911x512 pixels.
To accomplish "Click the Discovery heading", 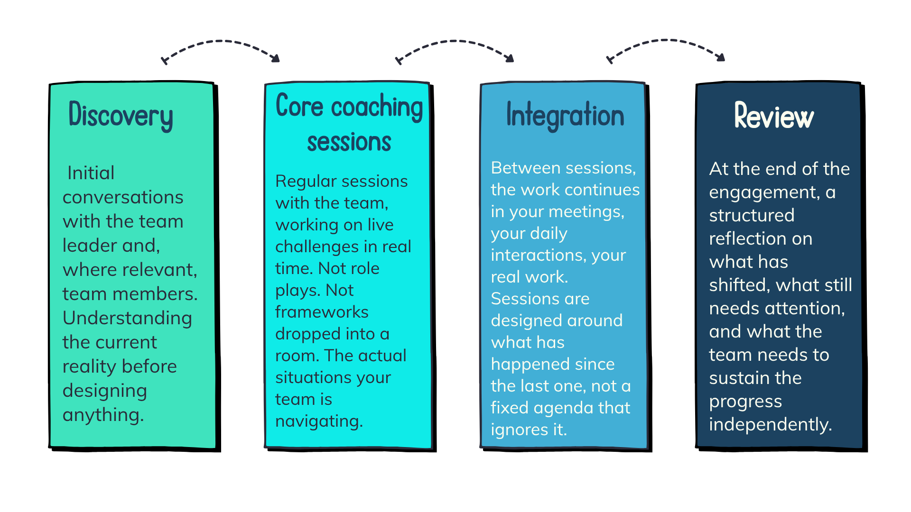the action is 121,115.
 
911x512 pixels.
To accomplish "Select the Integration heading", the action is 565,115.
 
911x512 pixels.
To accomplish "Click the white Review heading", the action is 774,116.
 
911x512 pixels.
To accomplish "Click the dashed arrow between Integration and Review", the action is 665,41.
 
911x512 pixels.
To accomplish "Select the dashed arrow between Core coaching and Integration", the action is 454,42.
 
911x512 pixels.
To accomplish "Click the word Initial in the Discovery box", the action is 91,173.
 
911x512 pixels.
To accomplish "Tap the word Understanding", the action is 127,318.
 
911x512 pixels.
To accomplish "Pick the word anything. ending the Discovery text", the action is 103,415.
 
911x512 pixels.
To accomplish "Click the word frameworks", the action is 322,312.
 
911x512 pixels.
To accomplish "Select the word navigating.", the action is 319,421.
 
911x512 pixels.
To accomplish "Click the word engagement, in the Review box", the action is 764,192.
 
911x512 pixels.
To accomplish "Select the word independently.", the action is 771,424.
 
